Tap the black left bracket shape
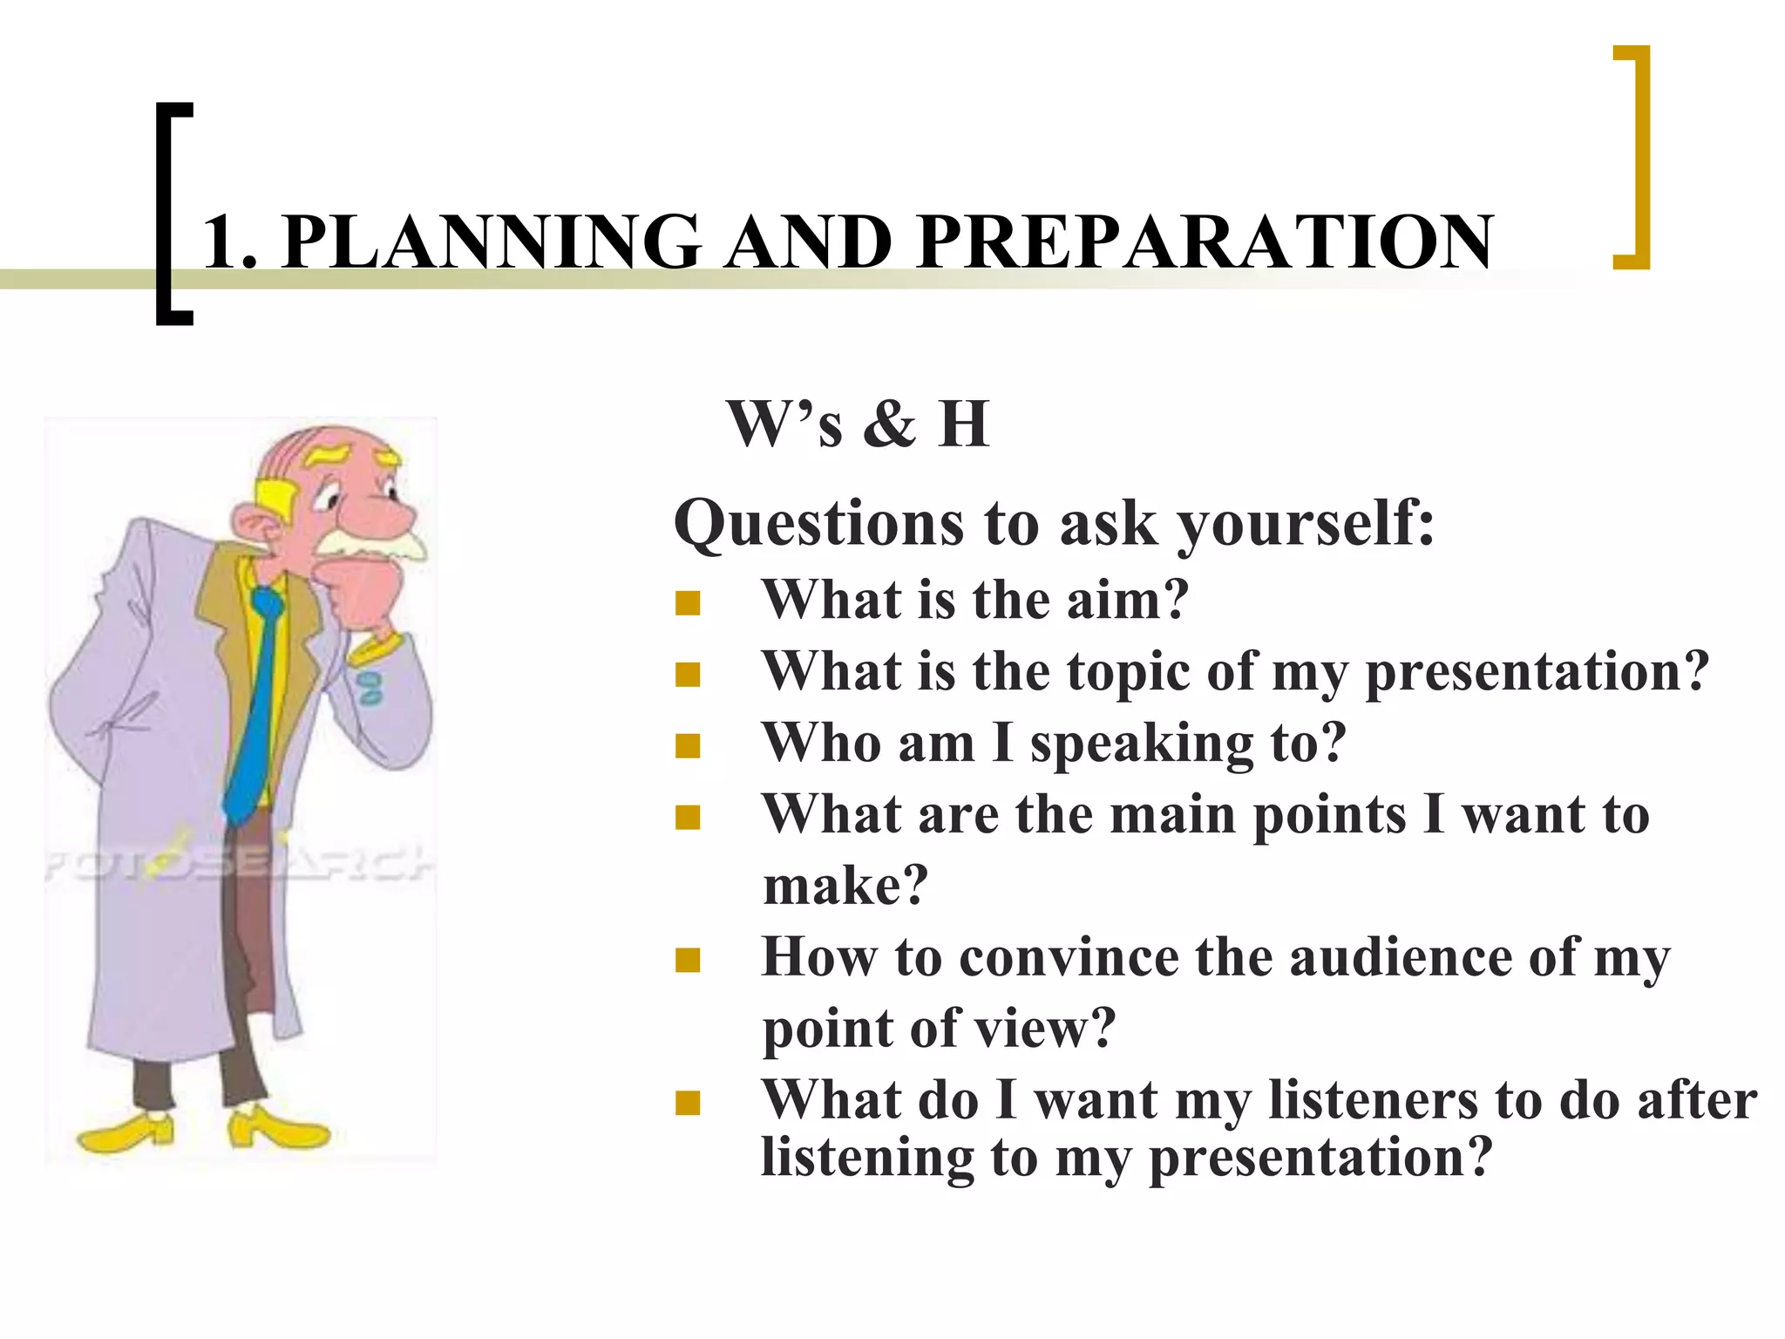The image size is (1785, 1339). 166,214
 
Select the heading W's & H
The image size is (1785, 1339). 858,425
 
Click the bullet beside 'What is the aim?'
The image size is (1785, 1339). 688,603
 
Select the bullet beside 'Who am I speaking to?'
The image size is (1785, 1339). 688,746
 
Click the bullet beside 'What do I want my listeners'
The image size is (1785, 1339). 688,1104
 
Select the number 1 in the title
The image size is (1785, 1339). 222,242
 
